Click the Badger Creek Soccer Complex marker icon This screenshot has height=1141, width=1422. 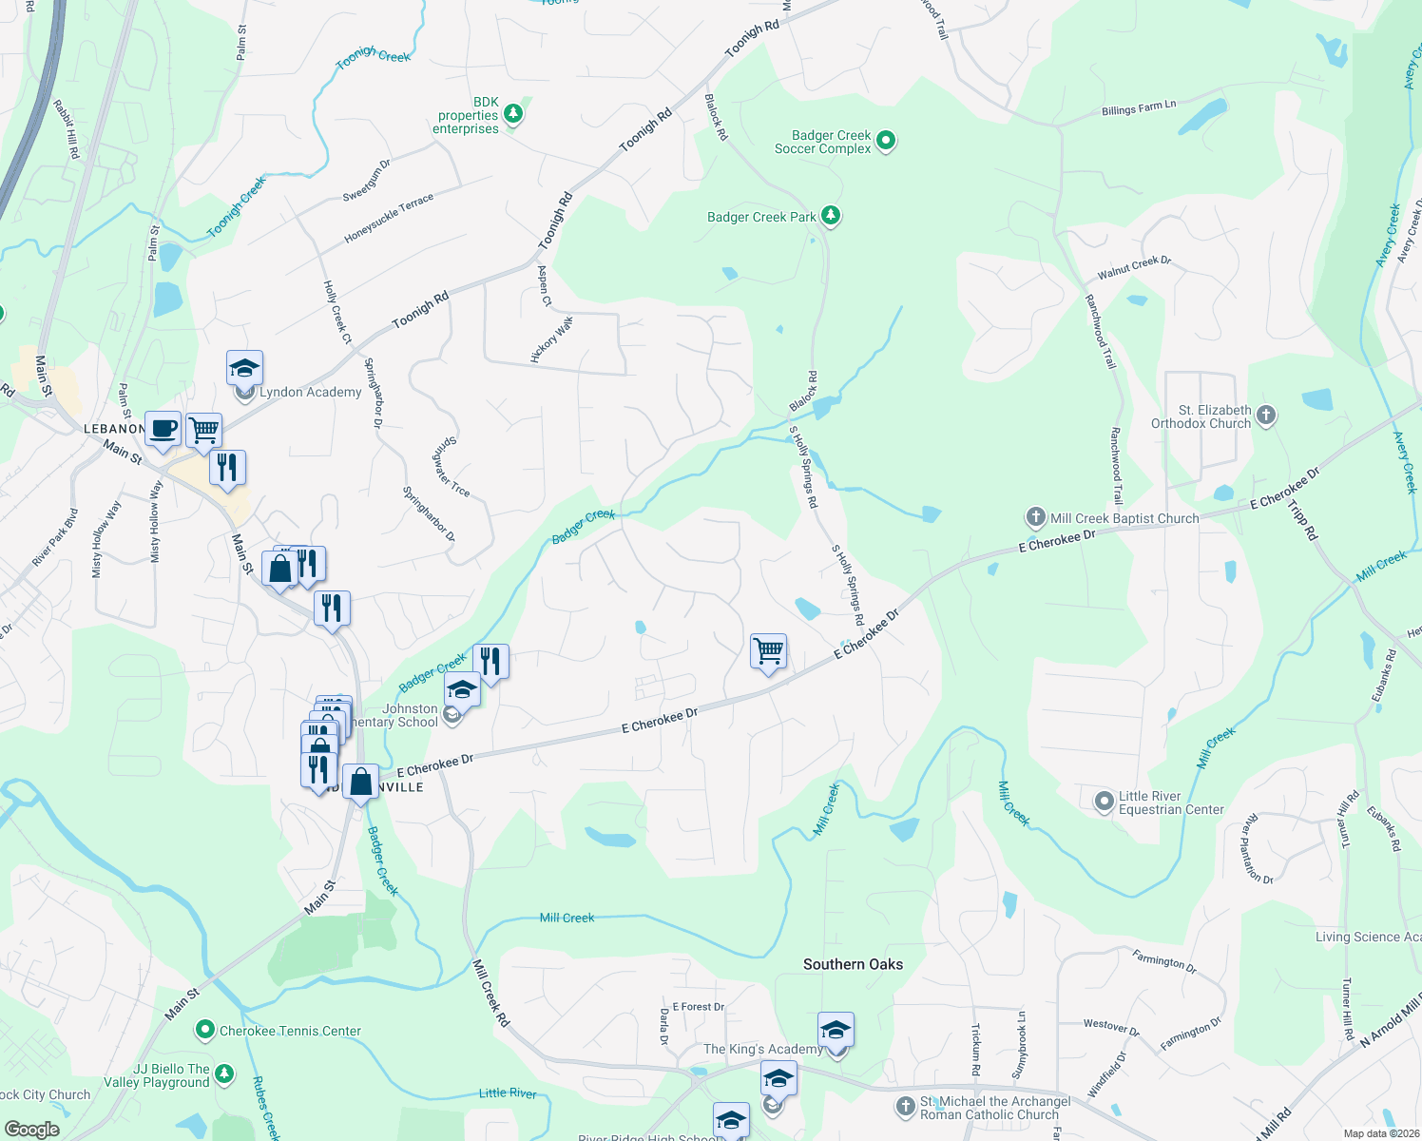pyautogui.click(x=886, y=142)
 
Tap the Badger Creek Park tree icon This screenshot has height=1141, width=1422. pyautogui.click(x=831, y=216)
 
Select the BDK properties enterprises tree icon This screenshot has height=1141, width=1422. pyautogui.click(x=513, y=115)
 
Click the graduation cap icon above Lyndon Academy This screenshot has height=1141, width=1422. pyautogui.click(x=244, y=368)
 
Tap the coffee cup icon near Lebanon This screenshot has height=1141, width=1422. pyautogui.click(x=163, y=428)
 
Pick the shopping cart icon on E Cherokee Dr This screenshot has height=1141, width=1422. pyautogui.click(x=768, y=651)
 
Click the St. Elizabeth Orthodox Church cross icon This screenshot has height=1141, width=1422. pyautogui.click(x=1265, y=416)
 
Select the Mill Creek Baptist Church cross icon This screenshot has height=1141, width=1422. pyautogui.click(x=1035, y=517)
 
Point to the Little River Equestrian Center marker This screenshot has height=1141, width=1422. pyautogui.click(x=1104, y=803)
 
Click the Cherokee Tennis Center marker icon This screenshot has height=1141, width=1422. pyautogui.click(x=204, y=1030)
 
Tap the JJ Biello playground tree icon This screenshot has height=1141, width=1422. pyautogui.click(x=223, y=1074)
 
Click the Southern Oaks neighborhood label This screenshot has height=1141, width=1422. pyautogui.click(x=853, y=964)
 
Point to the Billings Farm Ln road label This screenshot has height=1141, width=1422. pyautogui.click(x=1139, y=108)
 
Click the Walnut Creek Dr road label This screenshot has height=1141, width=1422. pyautogui.click(x=1134, y=267)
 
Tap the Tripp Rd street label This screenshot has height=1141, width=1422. pyautogui.click(x=1303, y=520)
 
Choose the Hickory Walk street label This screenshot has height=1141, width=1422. pyautogui.click(x=552, y=339)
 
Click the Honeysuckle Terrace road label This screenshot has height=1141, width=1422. pyautogui.click(x=389, y=218)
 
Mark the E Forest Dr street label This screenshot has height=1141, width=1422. pyautogui.click(x=698, y=1006)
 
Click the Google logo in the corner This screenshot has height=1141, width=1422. pyautogui.click(x=32, y=1130)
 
